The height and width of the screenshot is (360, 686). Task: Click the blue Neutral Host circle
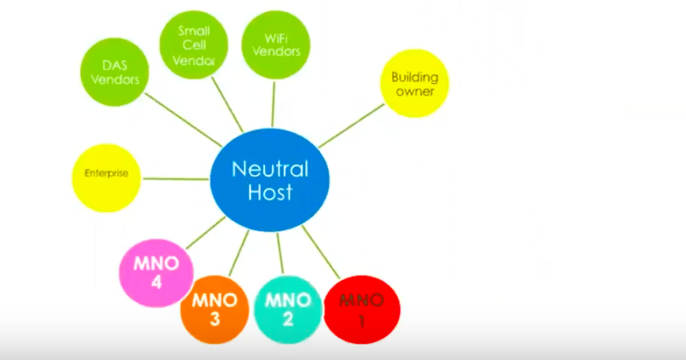[270, 180]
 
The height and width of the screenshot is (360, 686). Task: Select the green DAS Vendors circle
[115, 71]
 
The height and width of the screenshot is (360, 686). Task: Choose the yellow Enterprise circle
[106, 173]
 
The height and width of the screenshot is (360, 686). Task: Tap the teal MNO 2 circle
[289, 309]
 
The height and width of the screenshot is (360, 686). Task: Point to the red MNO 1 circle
[361, 309]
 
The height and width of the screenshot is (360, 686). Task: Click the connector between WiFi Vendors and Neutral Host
[273, 103]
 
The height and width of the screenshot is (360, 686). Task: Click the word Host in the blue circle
[270, 193]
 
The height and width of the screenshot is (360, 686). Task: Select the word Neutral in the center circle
[270, 169]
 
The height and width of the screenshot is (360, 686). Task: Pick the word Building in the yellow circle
[415, 78]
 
